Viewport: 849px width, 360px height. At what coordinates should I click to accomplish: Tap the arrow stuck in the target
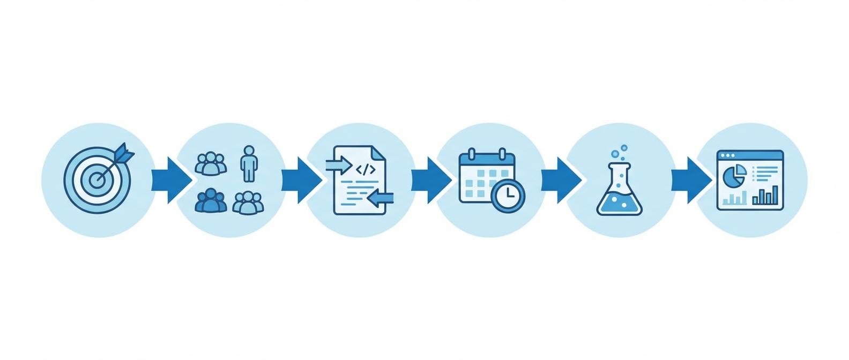pos(121,156)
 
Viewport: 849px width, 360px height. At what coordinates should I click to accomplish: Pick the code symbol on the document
pos(365,170)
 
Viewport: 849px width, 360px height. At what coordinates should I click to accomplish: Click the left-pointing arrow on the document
pos(382,198)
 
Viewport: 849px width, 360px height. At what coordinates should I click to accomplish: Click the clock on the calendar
pos(507,196)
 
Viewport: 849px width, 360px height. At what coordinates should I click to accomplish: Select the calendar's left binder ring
pos(472,154)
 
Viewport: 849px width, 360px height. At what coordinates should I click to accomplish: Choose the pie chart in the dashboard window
pos(735,174)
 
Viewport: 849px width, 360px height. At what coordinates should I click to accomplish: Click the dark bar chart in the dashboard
pos(765,197)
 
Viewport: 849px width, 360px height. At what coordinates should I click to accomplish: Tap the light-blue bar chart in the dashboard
pos(734,200)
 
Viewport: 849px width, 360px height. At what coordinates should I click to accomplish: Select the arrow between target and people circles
pos(170,180)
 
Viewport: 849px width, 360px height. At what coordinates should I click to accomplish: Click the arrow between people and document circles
pos(300,180)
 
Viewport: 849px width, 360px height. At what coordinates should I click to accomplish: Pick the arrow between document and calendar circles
pos(430,180)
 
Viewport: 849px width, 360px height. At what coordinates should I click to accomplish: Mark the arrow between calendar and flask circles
pos(560,180)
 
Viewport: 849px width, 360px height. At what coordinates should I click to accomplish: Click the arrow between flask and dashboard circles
pos(689,180)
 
